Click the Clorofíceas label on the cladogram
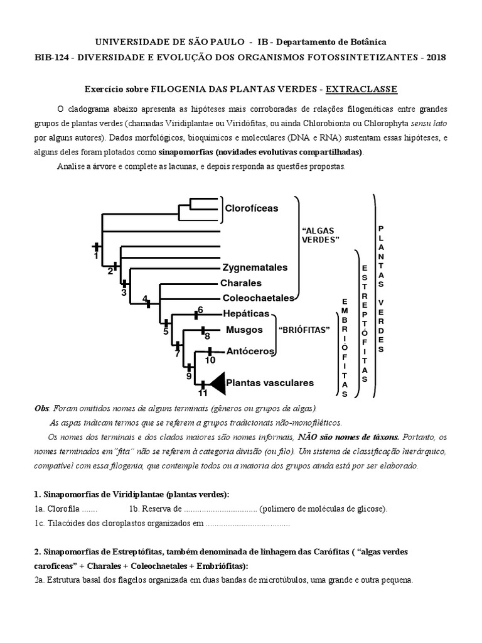(251, 208)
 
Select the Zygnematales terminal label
(255, 267)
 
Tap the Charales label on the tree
(241, 283)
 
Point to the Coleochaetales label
(258, 298)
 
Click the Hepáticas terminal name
(246, 313)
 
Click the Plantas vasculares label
(270, 382)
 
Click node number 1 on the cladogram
(96, 256)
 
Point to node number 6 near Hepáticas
(200, 310)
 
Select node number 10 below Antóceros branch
(210, 360)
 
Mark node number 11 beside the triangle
(202, 394)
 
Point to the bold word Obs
(41, 408)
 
